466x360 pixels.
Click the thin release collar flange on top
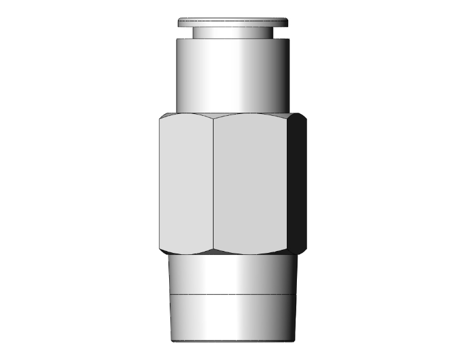[x=232, y=23]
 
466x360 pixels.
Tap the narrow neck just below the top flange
[x=232, y=33]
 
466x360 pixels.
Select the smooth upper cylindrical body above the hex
[x=232, y=75]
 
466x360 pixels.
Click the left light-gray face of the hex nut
[x=186, y=185]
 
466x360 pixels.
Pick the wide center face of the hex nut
[x=251, y=185]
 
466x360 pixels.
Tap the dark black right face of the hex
[x=298, y=185]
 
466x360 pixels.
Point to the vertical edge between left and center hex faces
[x=214, y=185]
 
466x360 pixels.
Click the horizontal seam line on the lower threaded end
[x=232, y=294]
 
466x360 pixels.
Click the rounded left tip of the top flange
[x=179, y=23]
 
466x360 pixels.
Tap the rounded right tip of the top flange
[x=286, y=23]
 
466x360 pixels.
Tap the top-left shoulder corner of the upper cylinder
[x=176, y=39]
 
